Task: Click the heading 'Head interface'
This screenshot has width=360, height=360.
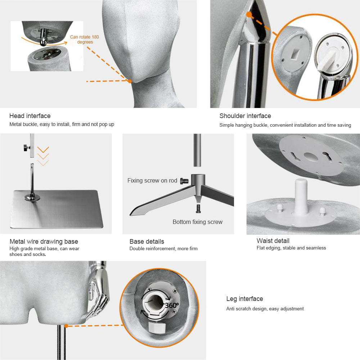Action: [30, 116]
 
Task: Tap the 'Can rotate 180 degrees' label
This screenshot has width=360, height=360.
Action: [85, 39]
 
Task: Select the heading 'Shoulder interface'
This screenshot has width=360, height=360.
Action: [245, 116]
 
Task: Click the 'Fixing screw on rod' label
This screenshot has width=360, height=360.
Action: [152, 180]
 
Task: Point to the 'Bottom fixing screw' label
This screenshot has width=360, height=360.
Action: [197, 222]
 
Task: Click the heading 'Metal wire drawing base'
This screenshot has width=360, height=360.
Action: [44, 241]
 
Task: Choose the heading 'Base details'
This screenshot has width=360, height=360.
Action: [147, 241]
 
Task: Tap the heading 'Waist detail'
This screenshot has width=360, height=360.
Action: [273, 240]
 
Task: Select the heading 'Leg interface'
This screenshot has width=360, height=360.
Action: [244, 298]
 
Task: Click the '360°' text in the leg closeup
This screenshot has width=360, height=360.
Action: [171, 305]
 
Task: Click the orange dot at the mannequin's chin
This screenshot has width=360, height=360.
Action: [130, 81]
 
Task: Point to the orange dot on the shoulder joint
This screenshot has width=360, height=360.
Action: [249, 15]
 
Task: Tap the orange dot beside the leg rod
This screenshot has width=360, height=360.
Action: [66, 326]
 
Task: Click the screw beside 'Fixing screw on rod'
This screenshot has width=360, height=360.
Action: [184, 181]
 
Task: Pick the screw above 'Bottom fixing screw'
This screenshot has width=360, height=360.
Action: [198, 208]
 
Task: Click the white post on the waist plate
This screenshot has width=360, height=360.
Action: [301, 197]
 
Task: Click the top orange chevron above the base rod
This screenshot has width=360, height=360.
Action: [43, 149]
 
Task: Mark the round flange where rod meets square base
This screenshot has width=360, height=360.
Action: [32, 197]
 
